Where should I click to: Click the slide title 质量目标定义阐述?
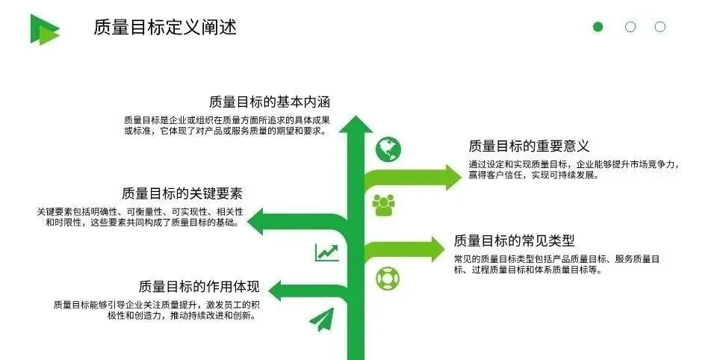(x=165, y=28)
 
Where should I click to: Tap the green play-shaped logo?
(x=43, y=29)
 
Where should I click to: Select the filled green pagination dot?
(x=597, y=27)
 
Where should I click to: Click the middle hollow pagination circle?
(x=630, y=27)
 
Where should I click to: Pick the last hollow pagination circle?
(x=660, y=27)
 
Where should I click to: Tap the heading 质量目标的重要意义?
(x=529, y=146)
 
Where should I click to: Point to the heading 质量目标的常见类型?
(x=514, y=240)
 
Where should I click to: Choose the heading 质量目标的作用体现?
(x=199, y=287)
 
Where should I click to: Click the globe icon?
(x=388, y=149)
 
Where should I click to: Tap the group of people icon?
(x=384, y=204)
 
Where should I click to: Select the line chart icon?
(x=326, y=252)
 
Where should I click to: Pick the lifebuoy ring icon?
(x=388, y=278)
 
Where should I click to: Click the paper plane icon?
(x=321, y=320)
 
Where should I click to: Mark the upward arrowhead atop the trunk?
(x=356, y=124)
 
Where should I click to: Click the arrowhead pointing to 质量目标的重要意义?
(x=452, y=177)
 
